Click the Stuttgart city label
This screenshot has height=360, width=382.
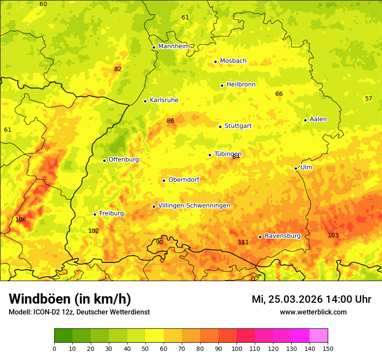coord(238,126)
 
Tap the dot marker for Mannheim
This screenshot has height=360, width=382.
coord(154,47)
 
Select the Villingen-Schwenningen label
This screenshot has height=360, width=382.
coord(194,206)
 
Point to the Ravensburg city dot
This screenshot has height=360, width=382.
coord(260,237)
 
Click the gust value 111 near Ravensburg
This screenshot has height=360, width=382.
coord(243,242)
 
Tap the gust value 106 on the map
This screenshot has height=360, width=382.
coord(21,219)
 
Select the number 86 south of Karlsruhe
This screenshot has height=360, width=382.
coord(171,121)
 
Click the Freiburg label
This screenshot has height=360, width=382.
coord(111,213)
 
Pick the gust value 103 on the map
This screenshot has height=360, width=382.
coord(333,235)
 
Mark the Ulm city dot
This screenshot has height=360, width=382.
coord(296,168)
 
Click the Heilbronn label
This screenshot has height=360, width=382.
coord(241,85)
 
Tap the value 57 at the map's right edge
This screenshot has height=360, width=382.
coord(369,98)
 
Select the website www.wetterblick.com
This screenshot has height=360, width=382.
coord(313,312)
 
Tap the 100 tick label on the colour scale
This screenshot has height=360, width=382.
coord(237,348)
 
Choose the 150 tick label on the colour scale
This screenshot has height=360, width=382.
coord(328,348)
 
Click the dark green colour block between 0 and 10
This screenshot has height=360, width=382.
coord(63,335)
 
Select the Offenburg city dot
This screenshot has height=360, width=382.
coord(104,160)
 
